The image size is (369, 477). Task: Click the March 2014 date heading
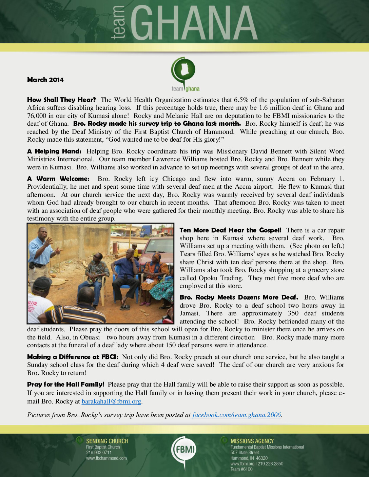pos(45,80)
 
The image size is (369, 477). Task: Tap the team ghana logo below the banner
pos(185,74)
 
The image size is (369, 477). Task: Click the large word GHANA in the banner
pos(193,23)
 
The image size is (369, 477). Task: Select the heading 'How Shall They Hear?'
pos(61,100)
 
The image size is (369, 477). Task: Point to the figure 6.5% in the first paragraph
pos(241,100)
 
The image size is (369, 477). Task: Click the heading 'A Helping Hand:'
pos(54,151)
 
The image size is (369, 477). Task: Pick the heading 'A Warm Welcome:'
pos(58,179)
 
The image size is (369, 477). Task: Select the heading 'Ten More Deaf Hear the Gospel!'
pos(230,230)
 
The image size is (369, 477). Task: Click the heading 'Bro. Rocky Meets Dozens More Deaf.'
pos(239,297)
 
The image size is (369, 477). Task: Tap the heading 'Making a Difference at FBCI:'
pos(73,357)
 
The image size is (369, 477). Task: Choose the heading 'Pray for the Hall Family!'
pos(65,384)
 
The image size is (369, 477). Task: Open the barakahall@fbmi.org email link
pos(111,401)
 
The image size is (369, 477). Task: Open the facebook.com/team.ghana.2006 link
pos(236,415)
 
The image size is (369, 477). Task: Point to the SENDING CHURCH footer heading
pos(107,441)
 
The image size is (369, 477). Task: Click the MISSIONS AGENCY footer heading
pos(252,441)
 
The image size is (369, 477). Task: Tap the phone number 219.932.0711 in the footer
pos(99,453)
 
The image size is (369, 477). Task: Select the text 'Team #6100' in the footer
pos(241,469)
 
